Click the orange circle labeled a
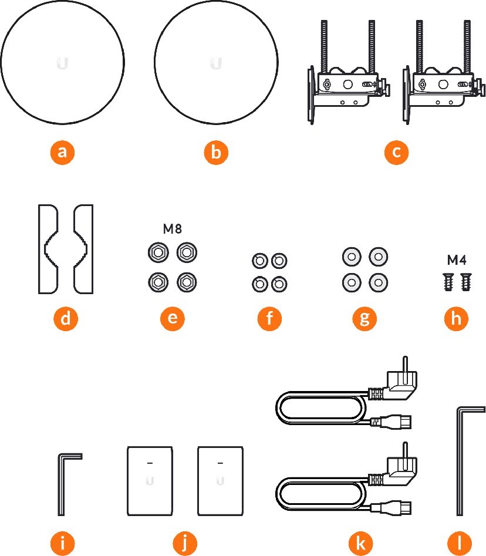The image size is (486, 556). (x=62, y=153)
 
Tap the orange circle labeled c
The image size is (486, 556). (x=396, y=153)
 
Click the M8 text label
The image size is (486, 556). (x=172, y=230)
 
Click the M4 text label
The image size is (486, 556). (x=456, y=260)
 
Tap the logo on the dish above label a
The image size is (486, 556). (x=63, y=63)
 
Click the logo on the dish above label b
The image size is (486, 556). (x=216, y=63)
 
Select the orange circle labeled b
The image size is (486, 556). (x=216, y=153)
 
